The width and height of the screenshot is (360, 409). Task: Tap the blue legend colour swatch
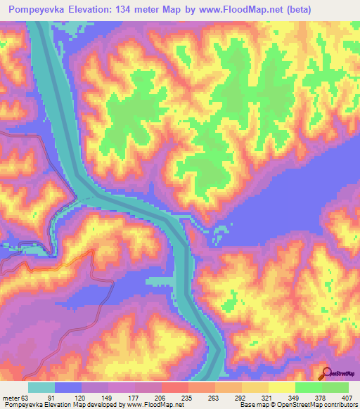pyautogui.click(x=68, y=387)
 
